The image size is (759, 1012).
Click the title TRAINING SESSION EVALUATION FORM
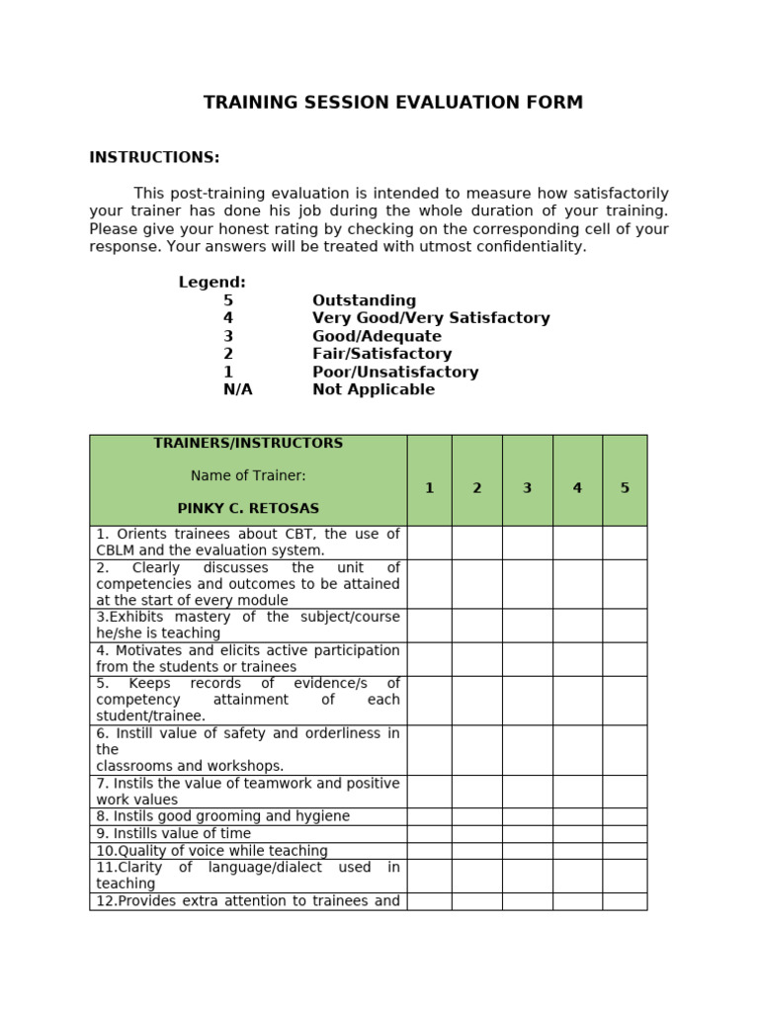(393, 103)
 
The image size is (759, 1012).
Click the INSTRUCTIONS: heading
(154, 158)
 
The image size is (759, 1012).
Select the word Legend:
(211, 283)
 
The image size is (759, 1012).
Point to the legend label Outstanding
(364, 300)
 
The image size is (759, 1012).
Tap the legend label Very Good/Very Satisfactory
(431, 318)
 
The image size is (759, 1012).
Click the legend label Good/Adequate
(377, 336)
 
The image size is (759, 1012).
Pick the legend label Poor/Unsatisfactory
(395, 373)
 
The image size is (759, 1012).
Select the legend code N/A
(237, 390)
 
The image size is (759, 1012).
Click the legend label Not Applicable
(374, 390)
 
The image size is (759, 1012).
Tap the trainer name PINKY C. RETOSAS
(248, 509)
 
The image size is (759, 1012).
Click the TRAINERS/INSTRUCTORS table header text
(248, 444)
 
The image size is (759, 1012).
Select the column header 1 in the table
(429, 488)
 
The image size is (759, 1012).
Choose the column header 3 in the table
(527, 488)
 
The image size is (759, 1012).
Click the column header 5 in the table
(625, 488)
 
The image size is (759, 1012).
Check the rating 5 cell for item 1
(625, 543)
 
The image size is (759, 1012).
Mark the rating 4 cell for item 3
(577, 626)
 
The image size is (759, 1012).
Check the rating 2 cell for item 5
(476, 701)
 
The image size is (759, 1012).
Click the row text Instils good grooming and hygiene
(223, 817)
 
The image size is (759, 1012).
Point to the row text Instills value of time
(174, 834)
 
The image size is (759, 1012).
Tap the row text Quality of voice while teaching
(211, 851)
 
